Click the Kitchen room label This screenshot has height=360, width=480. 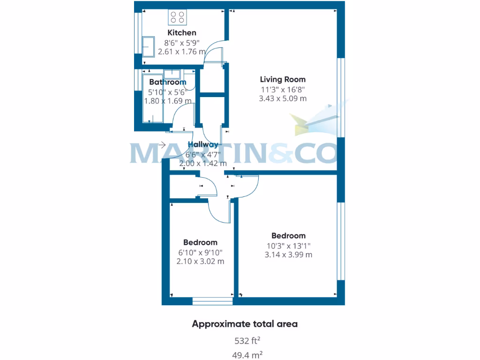(x=182, y=33)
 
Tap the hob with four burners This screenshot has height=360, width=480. (x=178, y=17)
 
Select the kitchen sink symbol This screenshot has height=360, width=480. (x=149, y=46)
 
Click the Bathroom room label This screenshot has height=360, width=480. (x=167, y=82)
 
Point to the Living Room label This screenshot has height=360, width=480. (x=283, y=80)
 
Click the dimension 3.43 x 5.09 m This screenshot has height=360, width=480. (x=283, y=98)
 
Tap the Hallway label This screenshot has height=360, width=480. (x=203, y=145)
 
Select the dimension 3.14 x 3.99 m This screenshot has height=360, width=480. (x=288, y=255)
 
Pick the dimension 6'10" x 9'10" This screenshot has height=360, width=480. (x=200, y=252)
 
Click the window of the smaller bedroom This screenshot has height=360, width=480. (x=212, y=301)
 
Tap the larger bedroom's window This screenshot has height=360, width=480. (x=341, y=241)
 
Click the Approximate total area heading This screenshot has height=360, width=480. (x=244, y=324)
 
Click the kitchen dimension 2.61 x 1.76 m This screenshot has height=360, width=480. (x=181, y=52)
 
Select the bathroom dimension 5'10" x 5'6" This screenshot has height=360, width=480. (x=167, y=92)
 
